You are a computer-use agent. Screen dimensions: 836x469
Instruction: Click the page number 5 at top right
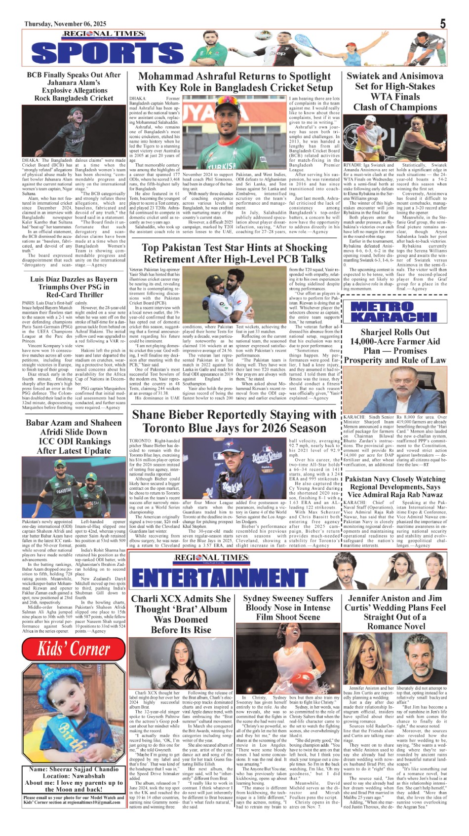tap(442, 24)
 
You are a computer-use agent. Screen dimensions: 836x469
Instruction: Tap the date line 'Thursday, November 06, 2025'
tap(65, 24)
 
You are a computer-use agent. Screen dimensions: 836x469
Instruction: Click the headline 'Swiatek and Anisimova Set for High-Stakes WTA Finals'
tap(395, 91)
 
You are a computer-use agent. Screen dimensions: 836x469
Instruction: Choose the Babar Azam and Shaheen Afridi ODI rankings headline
tap(74, 436)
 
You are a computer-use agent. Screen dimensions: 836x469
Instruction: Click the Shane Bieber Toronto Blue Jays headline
tap(234, 421)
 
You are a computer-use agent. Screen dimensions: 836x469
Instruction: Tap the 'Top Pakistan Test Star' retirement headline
tap(234, 253)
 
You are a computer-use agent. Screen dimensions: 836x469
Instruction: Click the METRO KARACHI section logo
tap(394, 312)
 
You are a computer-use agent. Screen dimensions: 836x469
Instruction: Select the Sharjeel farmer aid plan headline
tap(394, 346)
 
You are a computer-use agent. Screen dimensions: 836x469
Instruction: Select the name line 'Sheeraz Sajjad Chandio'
tap(73, 769)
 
